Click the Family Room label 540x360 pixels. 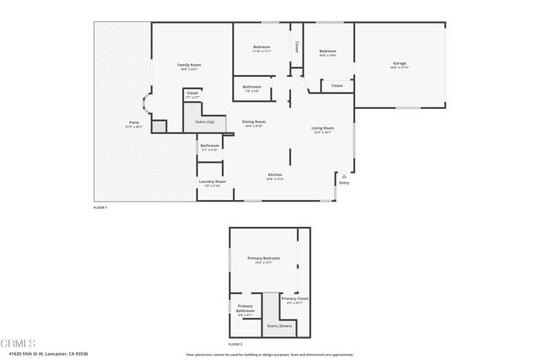(x=189, y=65)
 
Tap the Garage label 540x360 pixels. (x=399, y=64)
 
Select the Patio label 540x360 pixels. (x=133, y=123)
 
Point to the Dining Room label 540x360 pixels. (x=254, y=122)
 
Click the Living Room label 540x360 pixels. (x=324, y=128)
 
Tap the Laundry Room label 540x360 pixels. (x=212, y=181)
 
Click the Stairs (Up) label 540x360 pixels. (x=205, y=122)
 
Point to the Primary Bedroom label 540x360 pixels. (x=263, y=258)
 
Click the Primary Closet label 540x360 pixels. (x=294, y=299)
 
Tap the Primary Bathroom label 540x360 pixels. (x=245, y=308)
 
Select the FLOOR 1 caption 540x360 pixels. (x=100, y=207)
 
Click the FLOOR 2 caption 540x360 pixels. (x=235, y=344)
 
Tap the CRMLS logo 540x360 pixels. (x=19, y=343)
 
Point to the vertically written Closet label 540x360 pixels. (x=297, y=48)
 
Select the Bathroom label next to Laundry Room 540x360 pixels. (x=209, y=146)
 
